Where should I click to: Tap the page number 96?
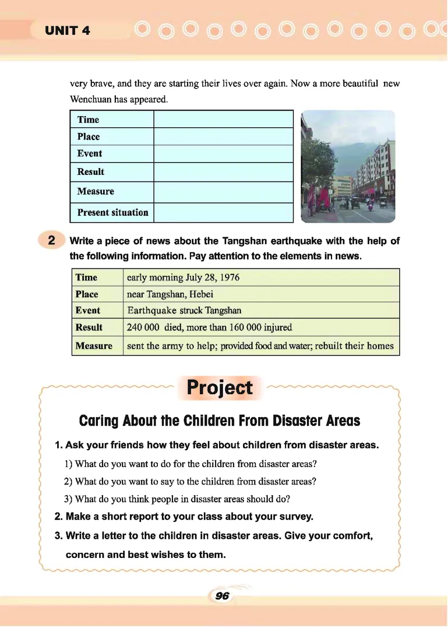[x=222, y=596]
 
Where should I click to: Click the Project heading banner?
[x=220, y=387]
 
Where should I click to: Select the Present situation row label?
[x=113, y=213]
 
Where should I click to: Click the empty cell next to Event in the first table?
[x=223, y=154]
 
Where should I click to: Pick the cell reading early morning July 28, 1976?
[x=184, y=278]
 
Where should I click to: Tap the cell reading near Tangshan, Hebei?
[x=170, y=294]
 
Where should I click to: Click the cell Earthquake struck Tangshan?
[x=184, y=311]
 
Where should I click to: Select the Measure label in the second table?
[x=94, y=346]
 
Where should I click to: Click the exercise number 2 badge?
[x=52, y=241]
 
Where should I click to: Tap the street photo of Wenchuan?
[x=348, y=167]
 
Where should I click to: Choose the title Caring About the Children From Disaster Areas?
[x=220, y=421]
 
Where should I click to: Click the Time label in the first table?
[x=88, y=119]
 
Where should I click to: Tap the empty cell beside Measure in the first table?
[x=223, y=191]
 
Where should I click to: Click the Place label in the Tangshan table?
[x=87, y=294]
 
